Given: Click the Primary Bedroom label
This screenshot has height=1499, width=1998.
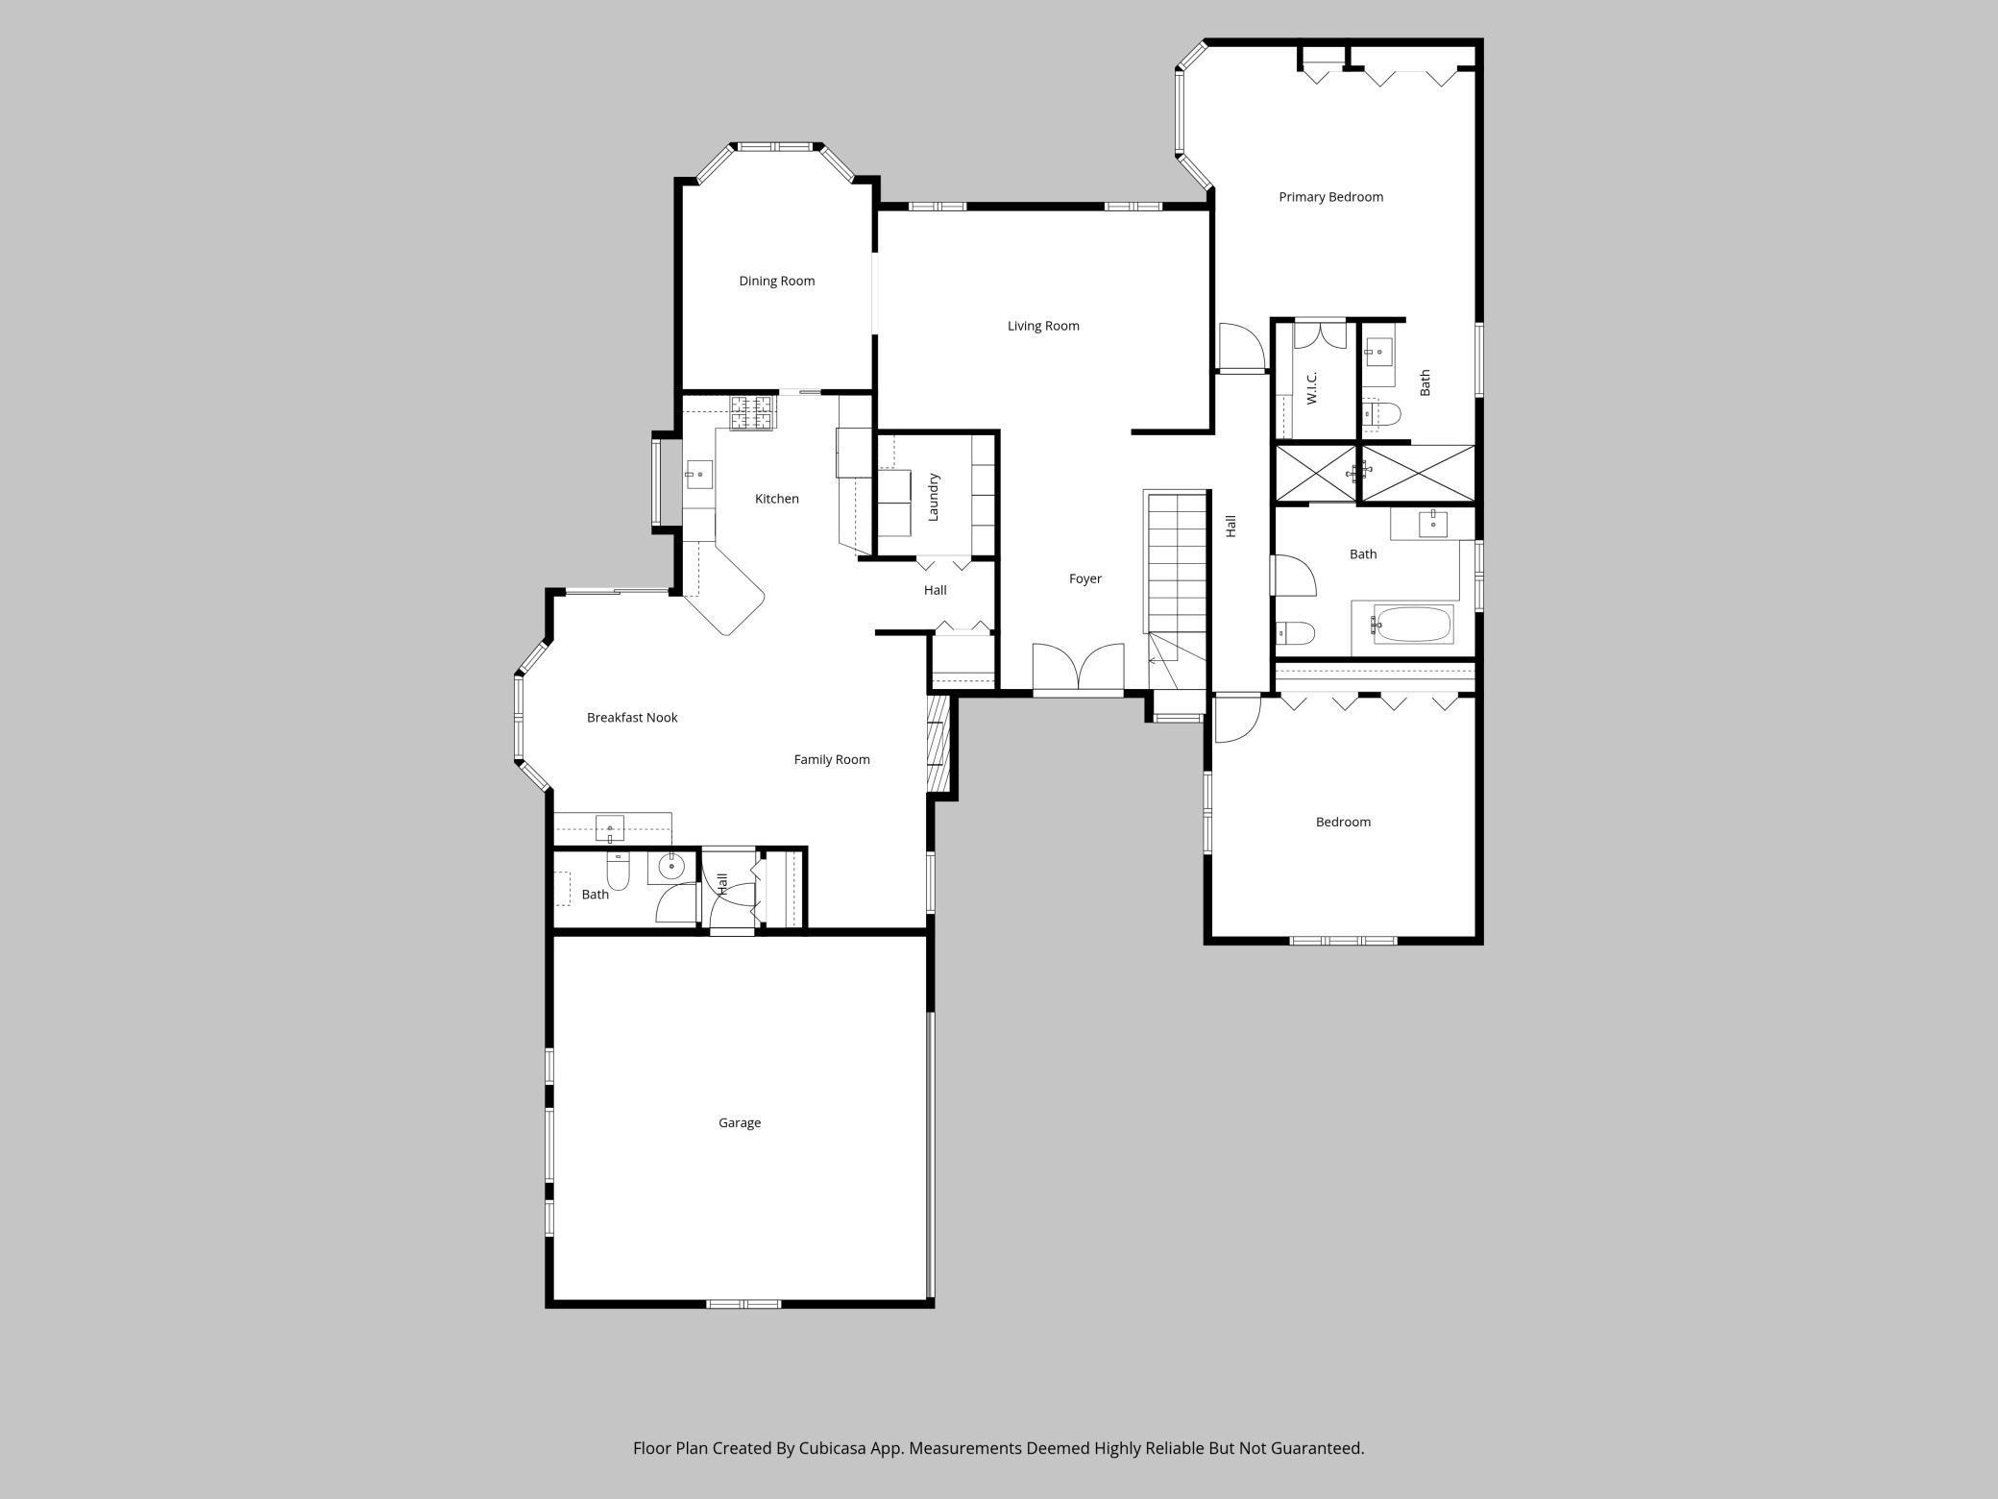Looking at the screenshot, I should (1330, 197).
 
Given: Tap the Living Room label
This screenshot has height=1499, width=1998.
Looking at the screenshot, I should (1043, 326).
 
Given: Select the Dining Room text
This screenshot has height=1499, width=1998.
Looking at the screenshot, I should (776, 281).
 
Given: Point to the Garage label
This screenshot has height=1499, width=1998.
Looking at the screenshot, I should (739, 1122).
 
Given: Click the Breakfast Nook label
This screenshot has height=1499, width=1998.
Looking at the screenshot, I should (632, 718).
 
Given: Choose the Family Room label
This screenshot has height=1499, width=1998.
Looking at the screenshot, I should (831, 759).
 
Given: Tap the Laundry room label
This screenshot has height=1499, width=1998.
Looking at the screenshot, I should (933, 497).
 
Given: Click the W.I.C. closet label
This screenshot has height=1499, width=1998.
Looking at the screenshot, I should (1312, 387).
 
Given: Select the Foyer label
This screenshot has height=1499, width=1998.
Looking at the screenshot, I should (1084, 578).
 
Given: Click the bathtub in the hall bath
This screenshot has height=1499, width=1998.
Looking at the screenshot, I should (1413, 625).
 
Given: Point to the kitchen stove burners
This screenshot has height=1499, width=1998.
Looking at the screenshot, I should (752, 412).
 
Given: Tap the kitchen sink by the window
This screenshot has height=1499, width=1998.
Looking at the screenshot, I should (698, 474).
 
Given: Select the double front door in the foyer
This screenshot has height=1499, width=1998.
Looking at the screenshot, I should (1078, 668).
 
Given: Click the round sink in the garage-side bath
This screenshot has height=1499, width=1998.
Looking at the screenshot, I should (670, 867).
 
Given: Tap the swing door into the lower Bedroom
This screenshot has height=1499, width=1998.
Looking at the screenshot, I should (1237, 719).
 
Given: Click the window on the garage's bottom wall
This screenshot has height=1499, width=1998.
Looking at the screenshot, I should (743, 1304).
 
